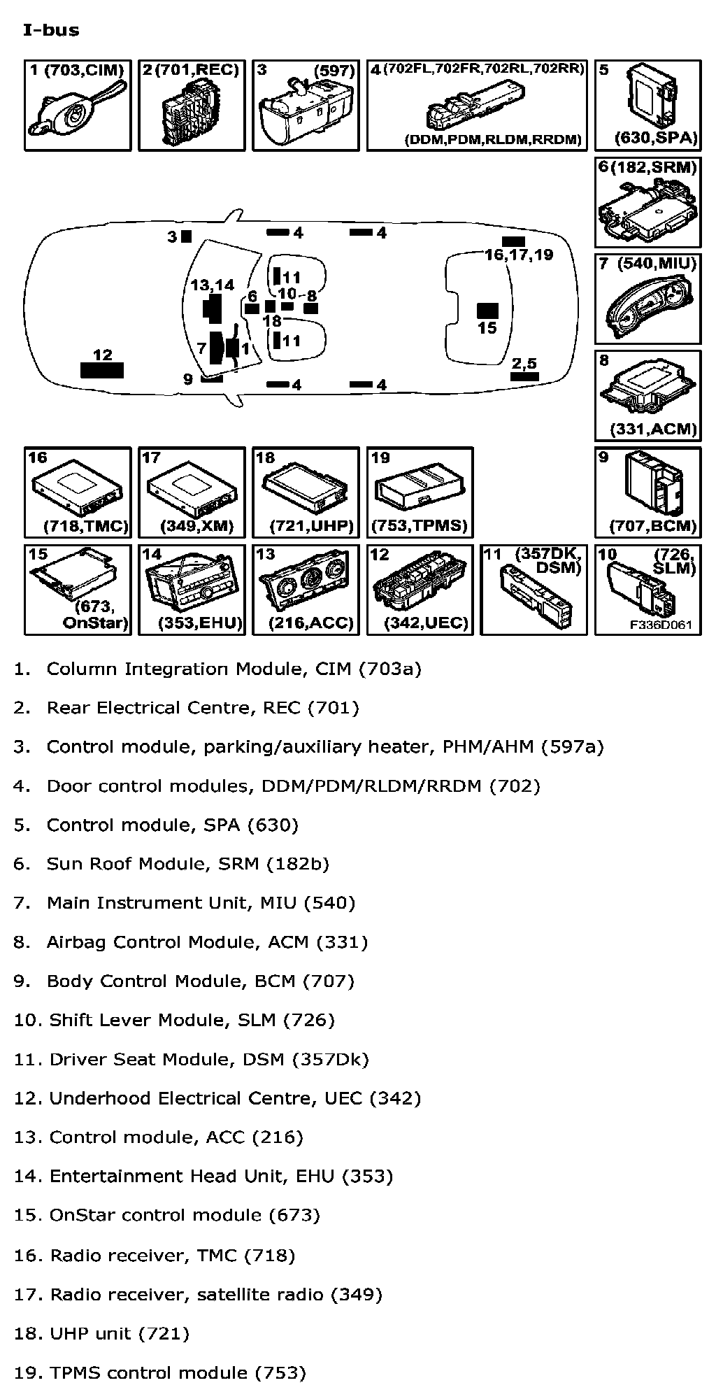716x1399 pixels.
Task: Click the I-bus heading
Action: pos(51,30)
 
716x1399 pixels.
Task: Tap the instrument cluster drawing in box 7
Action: pos(648,306)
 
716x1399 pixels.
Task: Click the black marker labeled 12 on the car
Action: pos(102,370)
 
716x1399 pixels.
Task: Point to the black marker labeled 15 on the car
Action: pos(487,311)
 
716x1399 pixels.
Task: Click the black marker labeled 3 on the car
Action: pos(186,236)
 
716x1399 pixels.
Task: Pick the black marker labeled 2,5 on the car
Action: pos(524,376)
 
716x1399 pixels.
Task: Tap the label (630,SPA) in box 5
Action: pos(656,138)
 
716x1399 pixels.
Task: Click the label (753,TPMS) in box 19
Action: pos(420,525)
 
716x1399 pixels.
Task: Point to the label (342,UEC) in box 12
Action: pos(426,623)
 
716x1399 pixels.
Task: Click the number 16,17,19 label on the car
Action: pos(518,255)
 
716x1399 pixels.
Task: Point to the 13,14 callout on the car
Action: pos(213,285)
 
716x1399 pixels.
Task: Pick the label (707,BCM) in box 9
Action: pos(653,525)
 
